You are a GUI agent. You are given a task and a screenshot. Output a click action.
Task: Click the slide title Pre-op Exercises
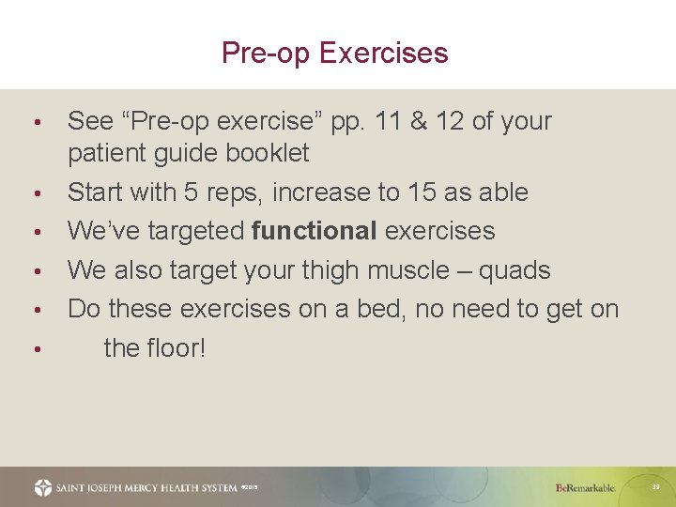335,53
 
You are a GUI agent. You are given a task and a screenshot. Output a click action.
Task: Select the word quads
515,271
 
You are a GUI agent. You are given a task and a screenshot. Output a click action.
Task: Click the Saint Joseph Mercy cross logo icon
43,487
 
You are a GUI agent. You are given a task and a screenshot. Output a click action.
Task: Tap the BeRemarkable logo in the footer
585,488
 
